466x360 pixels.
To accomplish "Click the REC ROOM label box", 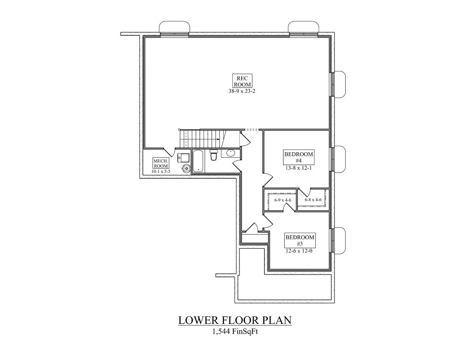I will pyautogui.click(x=242, y=80).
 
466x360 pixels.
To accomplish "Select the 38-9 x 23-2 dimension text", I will pyautogui.click(x=242, y=91).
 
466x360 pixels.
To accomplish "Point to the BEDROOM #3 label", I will pyautogui.click(x=300, y=240).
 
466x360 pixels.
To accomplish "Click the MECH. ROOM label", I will pyautogui.click(x=161, y=163).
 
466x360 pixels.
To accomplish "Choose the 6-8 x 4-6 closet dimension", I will pyautogui.click(x=313, y=200).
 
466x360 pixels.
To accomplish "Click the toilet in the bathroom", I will pyautogui.click(x=214, y=155).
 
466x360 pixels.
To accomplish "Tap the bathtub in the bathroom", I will pyautogui.click(x=198, y=161).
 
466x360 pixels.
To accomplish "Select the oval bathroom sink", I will pyautogui.click(x=231, y=153).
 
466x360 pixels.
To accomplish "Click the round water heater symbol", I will pyautogui.click(x=187, y=168).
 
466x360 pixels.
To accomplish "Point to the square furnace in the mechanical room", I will pyautogui.click(x=184, y=157).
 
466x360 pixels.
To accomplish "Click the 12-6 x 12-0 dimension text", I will pyautogui.click(x=300, y=251).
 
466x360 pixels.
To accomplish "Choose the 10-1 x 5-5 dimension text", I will pyautogui.click(x=161, y=171).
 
